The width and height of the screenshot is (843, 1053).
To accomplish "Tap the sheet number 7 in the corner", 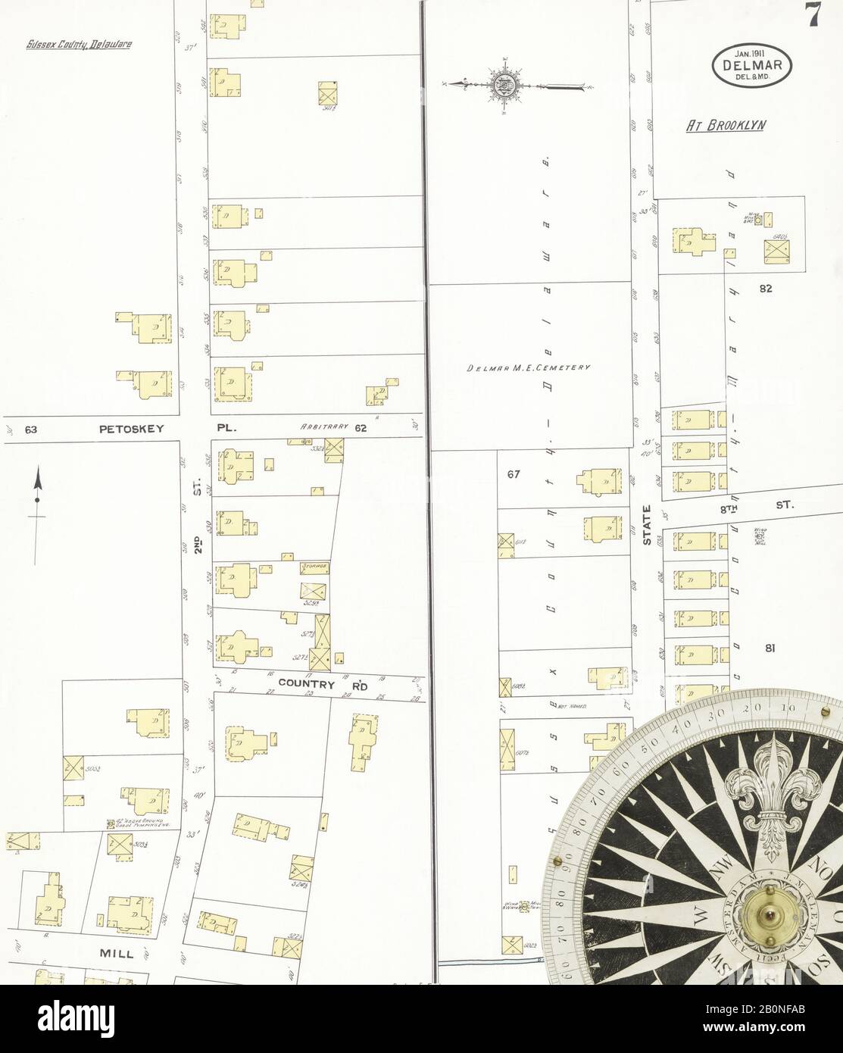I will (814, 17).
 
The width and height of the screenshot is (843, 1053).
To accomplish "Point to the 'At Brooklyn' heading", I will (726, 126).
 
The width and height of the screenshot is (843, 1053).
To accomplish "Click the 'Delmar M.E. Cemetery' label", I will (528, 367).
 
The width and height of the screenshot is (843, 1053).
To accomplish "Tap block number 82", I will (765, 288).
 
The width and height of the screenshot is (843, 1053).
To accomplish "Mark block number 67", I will (514, 475).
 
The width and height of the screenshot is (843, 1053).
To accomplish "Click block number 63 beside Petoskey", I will (31, 430).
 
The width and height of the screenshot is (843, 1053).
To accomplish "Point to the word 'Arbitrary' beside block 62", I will (323, 427).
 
